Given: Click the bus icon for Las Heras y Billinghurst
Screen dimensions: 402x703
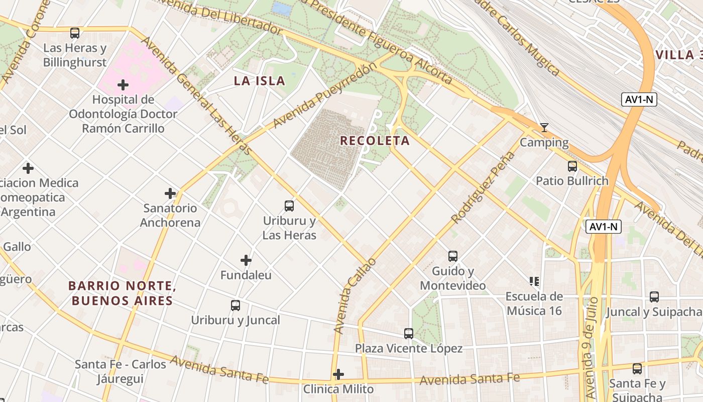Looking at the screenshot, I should point(75,33).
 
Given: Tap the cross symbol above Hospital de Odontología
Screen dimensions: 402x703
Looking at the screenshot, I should point(123,84).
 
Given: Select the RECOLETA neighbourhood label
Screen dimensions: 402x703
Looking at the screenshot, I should point(375,141).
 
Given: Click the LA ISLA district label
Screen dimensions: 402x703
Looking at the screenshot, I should point(260,80).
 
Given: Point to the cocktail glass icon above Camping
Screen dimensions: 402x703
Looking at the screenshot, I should point(544,128).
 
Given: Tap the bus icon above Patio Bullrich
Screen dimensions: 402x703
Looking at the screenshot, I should point(572,166).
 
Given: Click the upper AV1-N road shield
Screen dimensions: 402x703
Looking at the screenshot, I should point(639,99).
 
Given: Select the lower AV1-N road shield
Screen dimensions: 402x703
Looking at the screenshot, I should point(604,227).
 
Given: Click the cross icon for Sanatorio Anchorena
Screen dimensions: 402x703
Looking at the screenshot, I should point(170,193).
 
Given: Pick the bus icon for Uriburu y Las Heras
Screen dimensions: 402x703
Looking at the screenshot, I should point(289,206).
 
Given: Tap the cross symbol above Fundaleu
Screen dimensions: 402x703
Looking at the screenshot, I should point(246,260).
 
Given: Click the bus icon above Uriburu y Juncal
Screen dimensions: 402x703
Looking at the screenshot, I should point(236,305).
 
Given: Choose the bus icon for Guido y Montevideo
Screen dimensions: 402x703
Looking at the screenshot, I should point(453,256).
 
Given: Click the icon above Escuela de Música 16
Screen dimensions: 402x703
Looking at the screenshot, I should point(534,281).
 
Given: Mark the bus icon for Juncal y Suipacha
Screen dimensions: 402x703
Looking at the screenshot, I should point(654,297).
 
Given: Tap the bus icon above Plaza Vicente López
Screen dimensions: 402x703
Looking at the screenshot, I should point(409,333).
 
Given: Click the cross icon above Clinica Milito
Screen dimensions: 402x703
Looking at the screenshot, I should point(338,374).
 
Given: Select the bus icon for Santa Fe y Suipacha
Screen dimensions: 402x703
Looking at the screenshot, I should point(637,369).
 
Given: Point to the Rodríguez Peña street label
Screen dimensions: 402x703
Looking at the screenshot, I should point(483,187).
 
